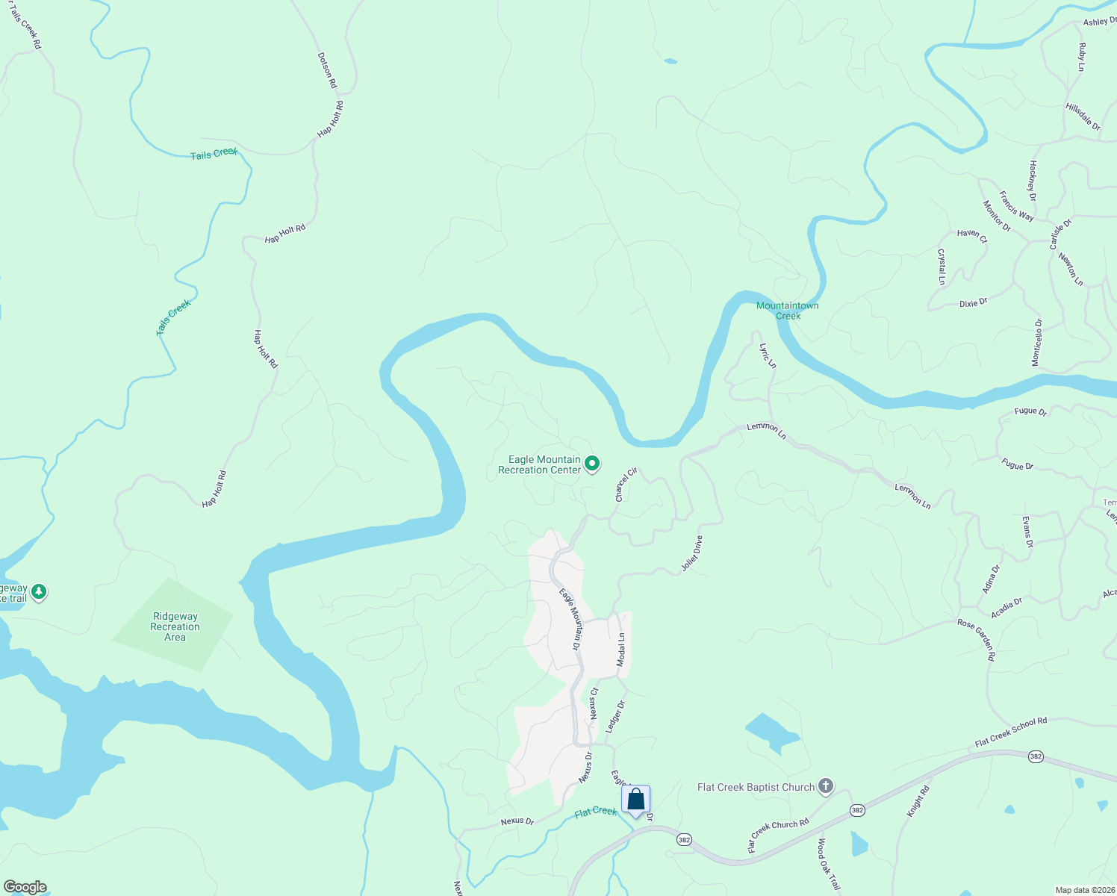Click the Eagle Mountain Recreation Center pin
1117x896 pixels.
click(x=592, y=464)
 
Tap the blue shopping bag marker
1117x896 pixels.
click(x=635, y=800)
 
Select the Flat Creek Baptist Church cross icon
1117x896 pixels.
click(x=825, y=785)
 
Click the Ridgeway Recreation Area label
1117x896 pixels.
click(x=175, y=626)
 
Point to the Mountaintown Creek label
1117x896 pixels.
click(x=787, y=311)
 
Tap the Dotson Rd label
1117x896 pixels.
click(x=327, y=70)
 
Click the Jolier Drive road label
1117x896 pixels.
click(x=692, y=553)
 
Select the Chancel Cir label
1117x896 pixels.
click(x=626, y=485)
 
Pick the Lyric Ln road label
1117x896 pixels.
click(x=768, y=355)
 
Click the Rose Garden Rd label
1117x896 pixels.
click(x=977, y=640)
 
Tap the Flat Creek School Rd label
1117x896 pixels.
click(x=1011, y=732)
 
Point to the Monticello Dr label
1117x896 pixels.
click(x=1037, y=343)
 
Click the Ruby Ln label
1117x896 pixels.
click(x=1082, y=57)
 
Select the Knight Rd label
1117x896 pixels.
click(x=918, y=800)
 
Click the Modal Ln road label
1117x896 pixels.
click(x=620, y=650)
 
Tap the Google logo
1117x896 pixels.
click(x=25, y=887)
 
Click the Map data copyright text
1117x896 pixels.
click(x=1085, y=890)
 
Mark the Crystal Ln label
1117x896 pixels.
click(x=942, y=267)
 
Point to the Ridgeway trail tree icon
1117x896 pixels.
click(x=39, y=592)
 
